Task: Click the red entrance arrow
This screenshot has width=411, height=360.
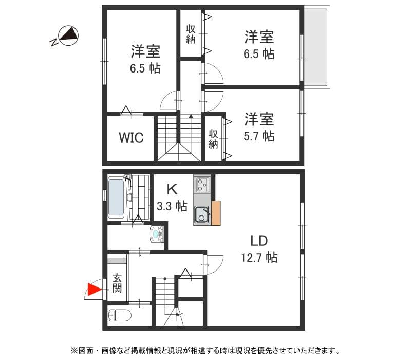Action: tap(94, 290)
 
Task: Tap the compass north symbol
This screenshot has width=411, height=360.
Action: tap(68, 35)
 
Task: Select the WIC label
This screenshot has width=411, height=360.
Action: tap(131, 138)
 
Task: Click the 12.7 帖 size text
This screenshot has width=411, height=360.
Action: tap(259, 257)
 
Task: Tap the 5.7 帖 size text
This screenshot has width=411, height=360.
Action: tap(259, 136)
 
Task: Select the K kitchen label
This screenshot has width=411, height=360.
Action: tap(172, 189)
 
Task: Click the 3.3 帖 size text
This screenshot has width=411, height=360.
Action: tap(172, 206)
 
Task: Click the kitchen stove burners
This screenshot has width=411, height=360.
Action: tap(202, 184)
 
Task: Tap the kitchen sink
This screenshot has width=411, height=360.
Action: tap(201, 215)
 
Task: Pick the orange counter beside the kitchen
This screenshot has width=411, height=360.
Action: tap(216, 212)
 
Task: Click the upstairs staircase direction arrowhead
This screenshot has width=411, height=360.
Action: tap(191, 116)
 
